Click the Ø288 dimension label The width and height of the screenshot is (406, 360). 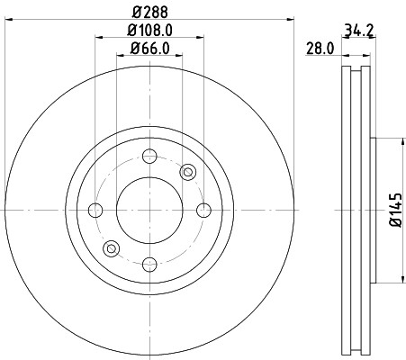149,12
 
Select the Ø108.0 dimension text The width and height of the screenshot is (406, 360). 149,31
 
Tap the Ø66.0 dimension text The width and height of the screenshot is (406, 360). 149,49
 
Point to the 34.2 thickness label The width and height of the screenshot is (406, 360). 358,31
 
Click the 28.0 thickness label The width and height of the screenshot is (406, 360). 320,49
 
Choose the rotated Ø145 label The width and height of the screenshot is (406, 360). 395,210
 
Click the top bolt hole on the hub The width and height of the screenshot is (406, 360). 149,156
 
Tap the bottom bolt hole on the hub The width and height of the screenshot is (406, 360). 149,265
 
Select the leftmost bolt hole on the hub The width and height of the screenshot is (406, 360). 95,210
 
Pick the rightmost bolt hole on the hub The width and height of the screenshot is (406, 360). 203,210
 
